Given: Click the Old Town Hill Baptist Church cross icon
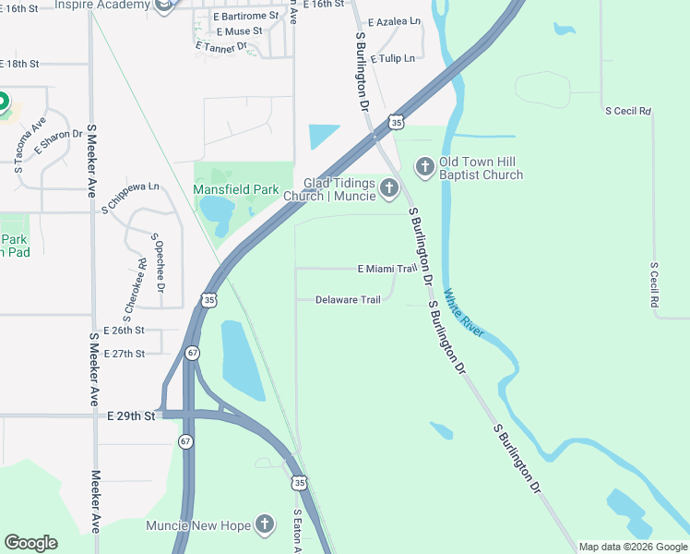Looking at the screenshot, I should click(424, 167).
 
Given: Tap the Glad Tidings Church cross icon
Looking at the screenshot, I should click(388, 189).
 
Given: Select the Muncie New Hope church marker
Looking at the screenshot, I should click(264, 524).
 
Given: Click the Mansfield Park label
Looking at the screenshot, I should click(235, 189).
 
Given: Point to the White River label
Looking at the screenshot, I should click(464, 314).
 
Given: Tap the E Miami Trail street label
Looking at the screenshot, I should click(387, 269).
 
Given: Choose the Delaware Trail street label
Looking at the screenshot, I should click(348, 300).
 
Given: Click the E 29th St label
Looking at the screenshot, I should click(129, 416).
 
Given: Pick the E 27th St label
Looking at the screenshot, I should click(125, 354).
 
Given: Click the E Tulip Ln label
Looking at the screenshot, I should click(393, 58).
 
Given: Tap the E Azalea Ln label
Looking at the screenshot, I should click(394, 21).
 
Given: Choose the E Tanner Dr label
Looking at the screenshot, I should click(221, 45).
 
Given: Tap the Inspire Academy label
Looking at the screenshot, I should click(101, 6).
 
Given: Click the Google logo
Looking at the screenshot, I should click(30, 543).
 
